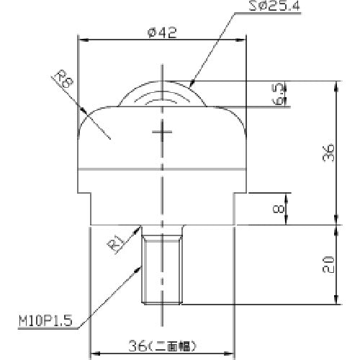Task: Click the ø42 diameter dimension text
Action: pyautogui.click(x=163, y=32)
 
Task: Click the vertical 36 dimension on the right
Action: pyautogui.click(x=328, y=152)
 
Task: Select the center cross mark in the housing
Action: pyautogui.click(x=163, y=132)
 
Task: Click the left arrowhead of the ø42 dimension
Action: pyautogui.click(x=81, y=41)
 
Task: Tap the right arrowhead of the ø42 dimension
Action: pyautogui.click(x=246, y=41)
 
